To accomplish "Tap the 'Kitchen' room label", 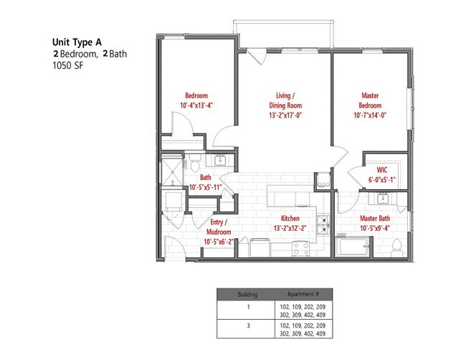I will [290, 218].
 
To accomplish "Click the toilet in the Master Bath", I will [396, 246].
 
